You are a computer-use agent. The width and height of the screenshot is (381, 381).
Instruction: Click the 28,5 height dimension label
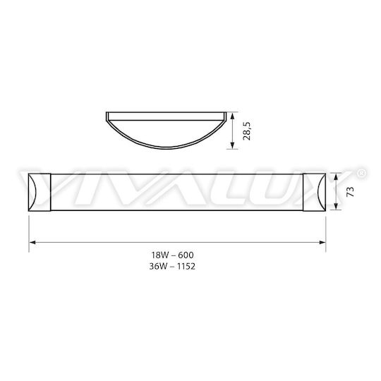pos(246,131)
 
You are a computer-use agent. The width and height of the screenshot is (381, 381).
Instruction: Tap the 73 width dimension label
pos(350,192)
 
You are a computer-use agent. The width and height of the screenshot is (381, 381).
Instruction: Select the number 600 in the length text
pos(186,255)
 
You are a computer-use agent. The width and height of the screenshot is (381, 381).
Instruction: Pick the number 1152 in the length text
pos(186,267)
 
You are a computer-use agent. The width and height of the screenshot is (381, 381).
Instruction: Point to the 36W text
pos(159,267)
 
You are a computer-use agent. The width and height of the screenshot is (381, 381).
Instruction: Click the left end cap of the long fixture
pos(40,192)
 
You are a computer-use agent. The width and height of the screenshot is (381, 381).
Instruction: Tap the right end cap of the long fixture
pos(314,192)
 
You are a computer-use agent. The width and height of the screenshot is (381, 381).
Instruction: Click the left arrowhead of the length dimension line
pos(32,242)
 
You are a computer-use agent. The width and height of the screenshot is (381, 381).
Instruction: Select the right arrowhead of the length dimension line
pos(322,242)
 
